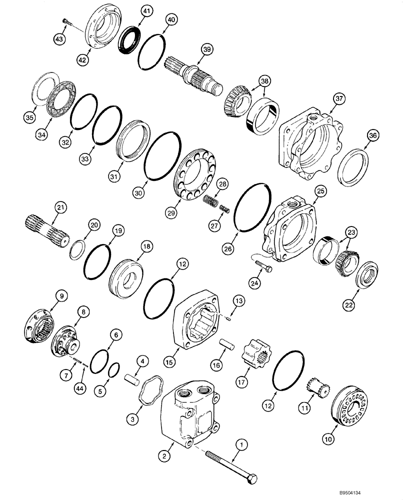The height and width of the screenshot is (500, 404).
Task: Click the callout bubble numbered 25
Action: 320,192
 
